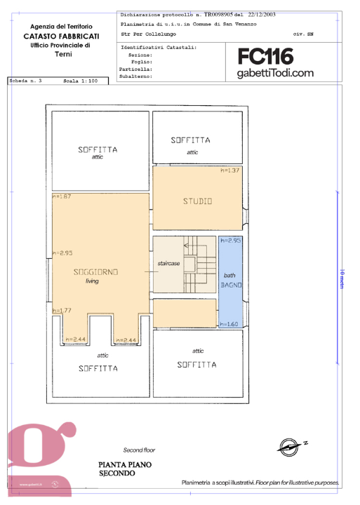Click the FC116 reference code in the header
(265, 57)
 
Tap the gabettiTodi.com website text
(275, 73)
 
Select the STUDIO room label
(197, 201)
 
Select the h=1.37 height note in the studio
(232, 171)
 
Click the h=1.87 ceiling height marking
(62, 196)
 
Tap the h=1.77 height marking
(62, 310)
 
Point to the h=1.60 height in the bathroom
(229, 324)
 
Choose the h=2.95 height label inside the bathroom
(231, 241)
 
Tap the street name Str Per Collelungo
(149, 34)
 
